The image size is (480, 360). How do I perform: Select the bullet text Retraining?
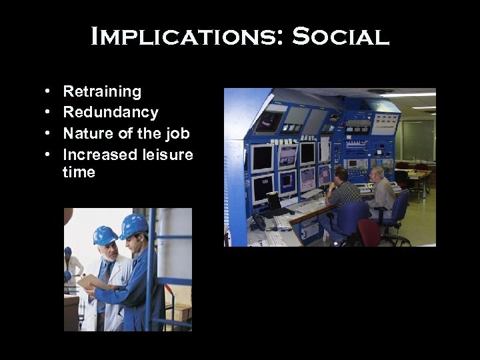(102, 91)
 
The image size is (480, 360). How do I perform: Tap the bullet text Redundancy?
(111, 112)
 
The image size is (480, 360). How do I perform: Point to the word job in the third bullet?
(177, 133)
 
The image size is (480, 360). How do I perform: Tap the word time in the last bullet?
(79, 172)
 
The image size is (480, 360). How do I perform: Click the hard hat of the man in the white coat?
(105, 235)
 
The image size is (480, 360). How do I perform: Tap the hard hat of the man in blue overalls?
(134, 225)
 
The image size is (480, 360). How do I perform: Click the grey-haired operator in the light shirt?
(381, 191)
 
